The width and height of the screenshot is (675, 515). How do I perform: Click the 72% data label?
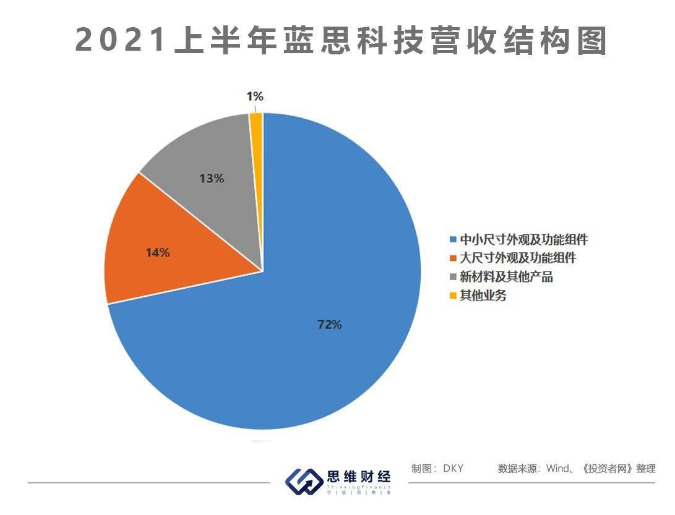pos(329,325)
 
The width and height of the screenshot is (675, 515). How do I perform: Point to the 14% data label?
pos(158,253)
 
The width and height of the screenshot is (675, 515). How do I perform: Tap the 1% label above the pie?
pos(255,96)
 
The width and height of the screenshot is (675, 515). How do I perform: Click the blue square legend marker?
pos(454,240)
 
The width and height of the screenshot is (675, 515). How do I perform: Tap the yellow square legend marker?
pos(454,296)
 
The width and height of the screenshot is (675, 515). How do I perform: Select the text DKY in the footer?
pos(453,469)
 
